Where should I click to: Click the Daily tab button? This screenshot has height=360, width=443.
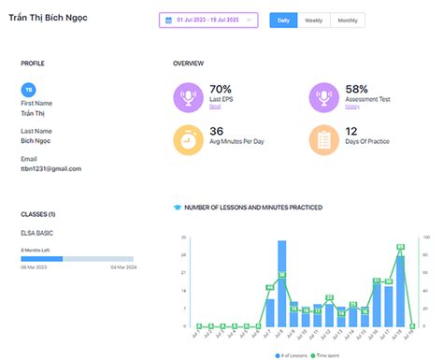pos(282,20)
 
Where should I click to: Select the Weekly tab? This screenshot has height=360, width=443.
pos(314,20)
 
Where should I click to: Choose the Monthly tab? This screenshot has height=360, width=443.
pos(347,20)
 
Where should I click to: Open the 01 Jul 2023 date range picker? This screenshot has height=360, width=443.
pos(207,20)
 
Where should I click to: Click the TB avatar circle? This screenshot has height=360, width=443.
pos(28,89)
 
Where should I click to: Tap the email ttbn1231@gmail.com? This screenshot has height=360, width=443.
pos(50,168)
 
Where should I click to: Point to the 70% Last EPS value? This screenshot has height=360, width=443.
pos(221,88)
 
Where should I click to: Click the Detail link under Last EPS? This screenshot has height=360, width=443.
pos(215,108)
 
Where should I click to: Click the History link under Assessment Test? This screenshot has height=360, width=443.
pos(351,108)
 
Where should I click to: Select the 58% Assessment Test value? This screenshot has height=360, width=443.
pos(357,88)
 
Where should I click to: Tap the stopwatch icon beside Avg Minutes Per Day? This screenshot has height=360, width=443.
pos(188,140)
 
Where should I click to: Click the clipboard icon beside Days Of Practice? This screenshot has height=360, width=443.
pos(324,140)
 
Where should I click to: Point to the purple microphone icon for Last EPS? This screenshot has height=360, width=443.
pos(188,96)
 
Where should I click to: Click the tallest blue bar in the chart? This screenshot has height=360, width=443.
pos(281,283)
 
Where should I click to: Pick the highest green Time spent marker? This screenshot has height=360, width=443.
pos(400,247)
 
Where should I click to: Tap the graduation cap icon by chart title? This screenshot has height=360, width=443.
pos(178,207)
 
